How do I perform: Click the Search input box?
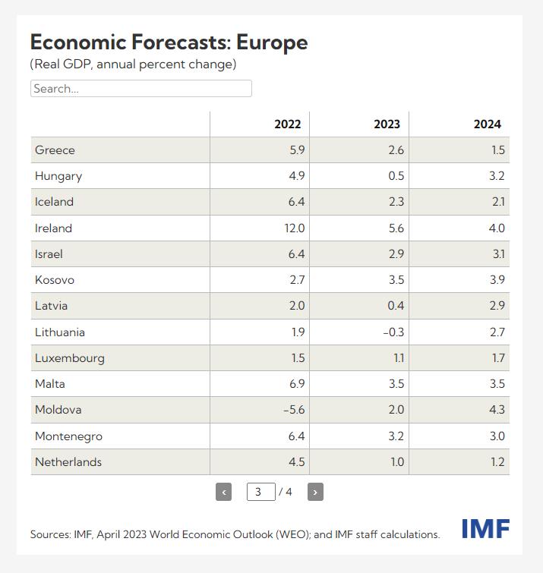[140, 89]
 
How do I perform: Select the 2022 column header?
[287, 124]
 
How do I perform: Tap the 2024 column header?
[487, 124]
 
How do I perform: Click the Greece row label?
[55, 150]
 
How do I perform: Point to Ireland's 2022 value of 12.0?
[293, 228]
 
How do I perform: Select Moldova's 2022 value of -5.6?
[293, 410]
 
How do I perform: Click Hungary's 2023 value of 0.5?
[396, 176]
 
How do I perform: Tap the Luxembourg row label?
[70, 358]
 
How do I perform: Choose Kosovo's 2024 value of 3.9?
[497, 280]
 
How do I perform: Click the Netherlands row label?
[68, 462]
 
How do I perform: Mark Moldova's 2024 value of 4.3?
[497, 410]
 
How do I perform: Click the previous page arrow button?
[223, 492]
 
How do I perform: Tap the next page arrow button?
[315, 492]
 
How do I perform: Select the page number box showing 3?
[260, 492]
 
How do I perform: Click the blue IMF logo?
[485, 529]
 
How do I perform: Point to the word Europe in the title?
[271, 42]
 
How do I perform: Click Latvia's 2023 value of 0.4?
[396, 306]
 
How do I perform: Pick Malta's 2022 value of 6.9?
[296, 384]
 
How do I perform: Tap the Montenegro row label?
[68, 436]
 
